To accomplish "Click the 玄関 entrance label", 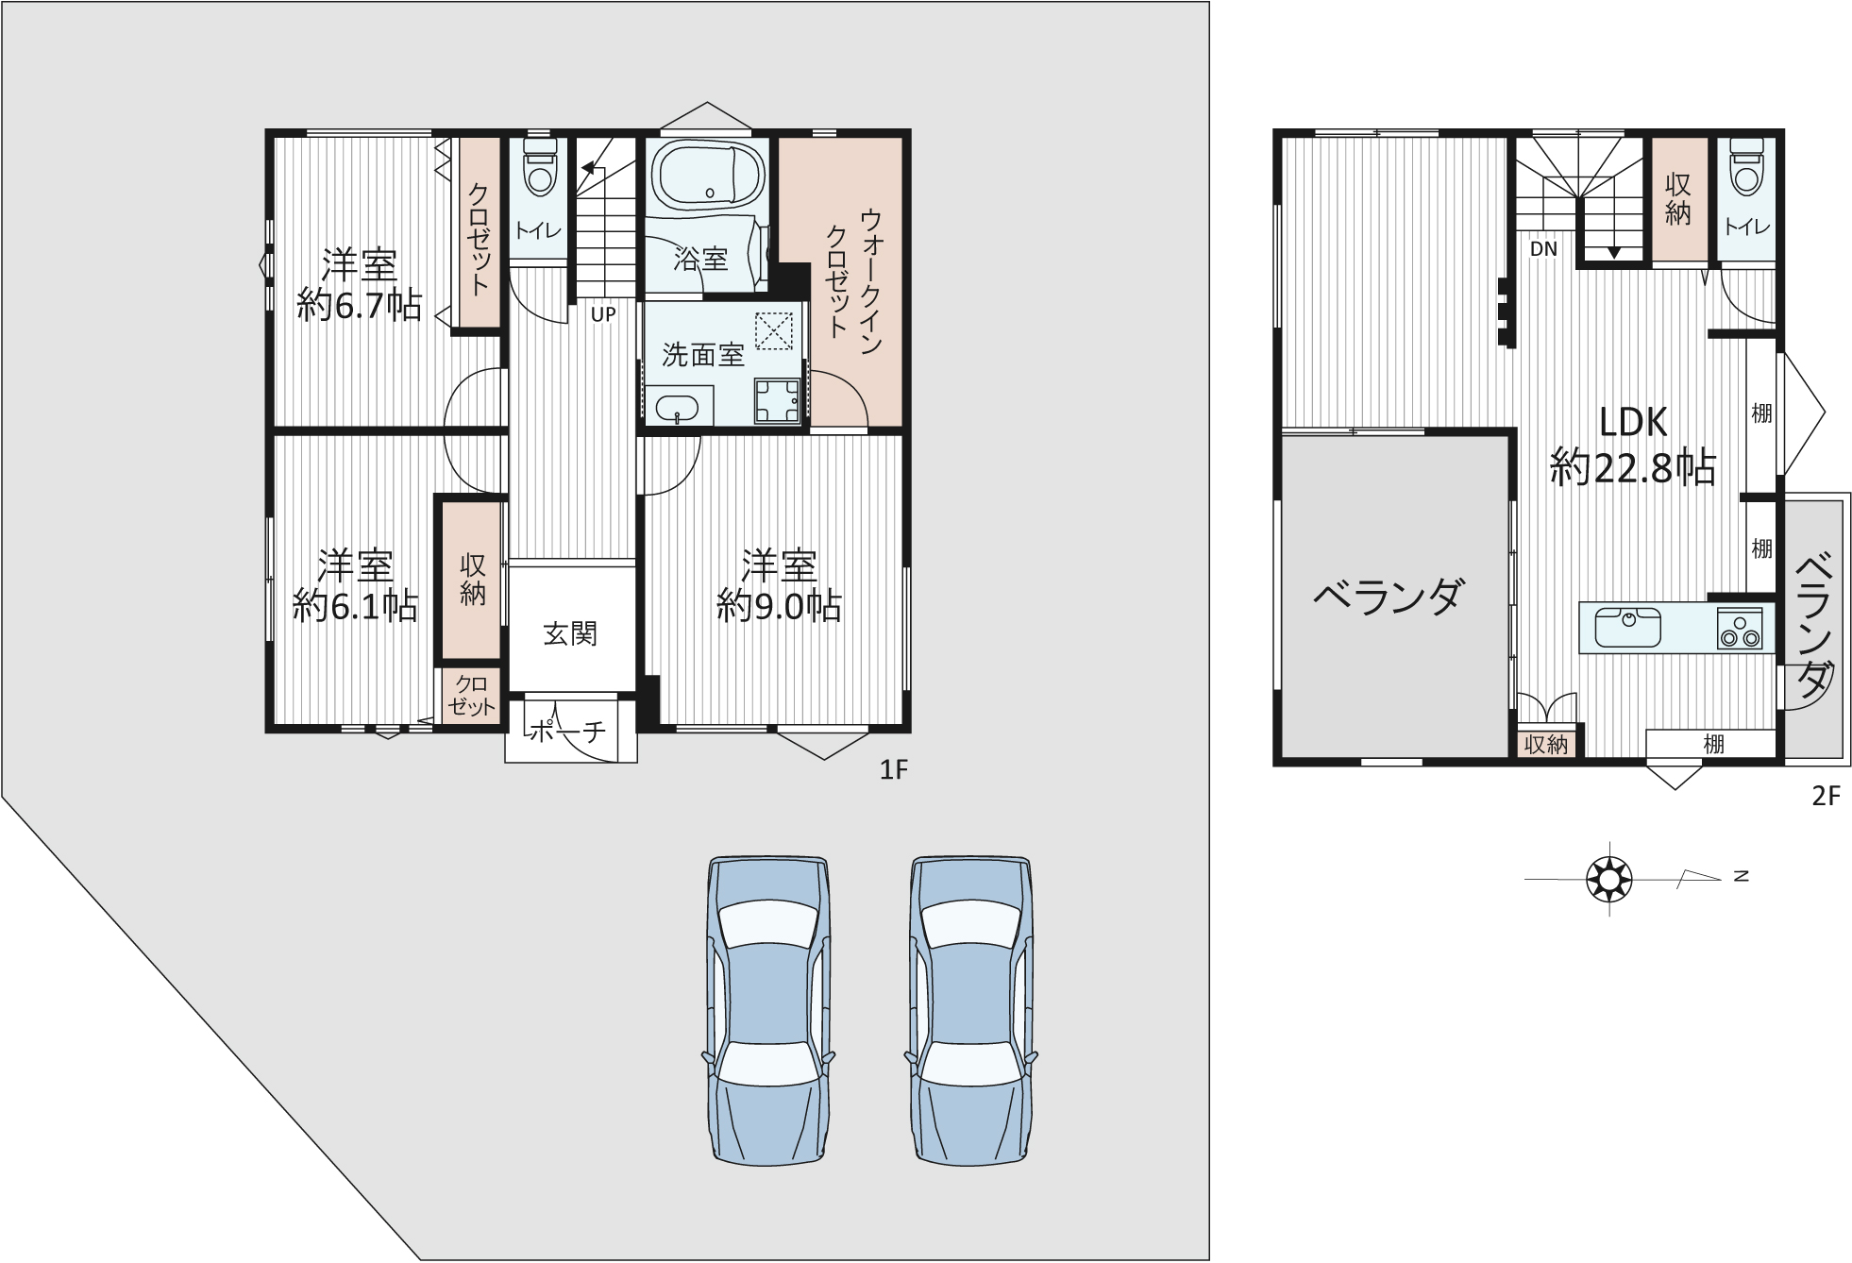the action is [570, 633].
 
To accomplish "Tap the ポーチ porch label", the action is [566, 731].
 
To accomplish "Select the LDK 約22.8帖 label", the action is [1633, 444].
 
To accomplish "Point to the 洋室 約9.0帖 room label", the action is [779, 585].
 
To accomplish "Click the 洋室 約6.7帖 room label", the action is [360, 284].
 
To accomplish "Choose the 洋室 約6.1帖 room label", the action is [355, 585].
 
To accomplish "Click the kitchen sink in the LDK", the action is [1627, 627].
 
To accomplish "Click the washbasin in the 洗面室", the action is [677, 410].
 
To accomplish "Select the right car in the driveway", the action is [971, 1010].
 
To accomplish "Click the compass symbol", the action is [1608, 879].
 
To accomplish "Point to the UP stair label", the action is [602, 315].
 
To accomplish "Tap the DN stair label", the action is [1543, 249].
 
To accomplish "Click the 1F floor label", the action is [893, 770].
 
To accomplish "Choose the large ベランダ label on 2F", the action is [1389, 597].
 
